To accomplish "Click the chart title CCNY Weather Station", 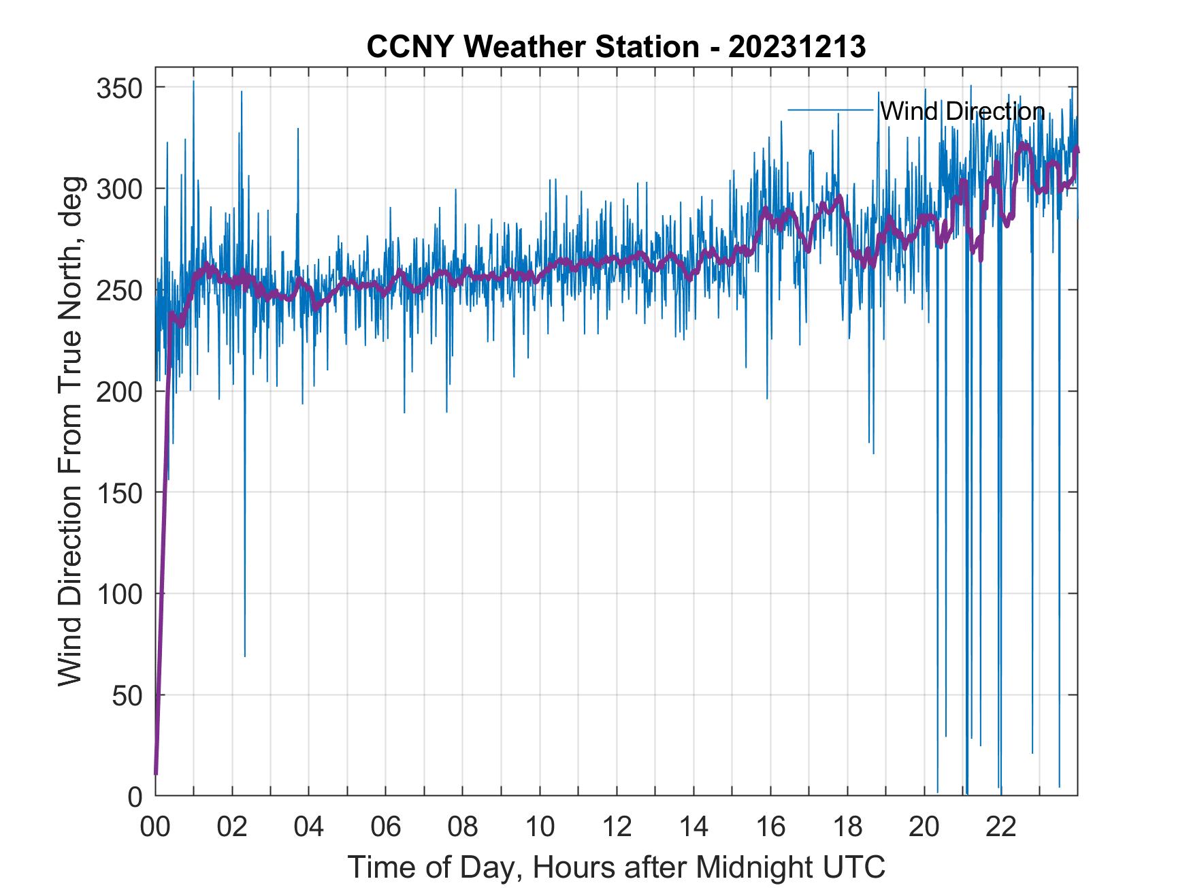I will click(532, 47).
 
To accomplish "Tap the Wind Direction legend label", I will click(962, 111).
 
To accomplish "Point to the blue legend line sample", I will click(830, 110).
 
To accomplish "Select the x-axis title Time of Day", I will click(616, 867).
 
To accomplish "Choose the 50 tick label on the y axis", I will click(127, 695).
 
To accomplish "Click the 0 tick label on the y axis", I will click(135, 796).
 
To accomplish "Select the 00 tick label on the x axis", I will click(155, 827).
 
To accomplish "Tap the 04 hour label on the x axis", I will click(308, 827).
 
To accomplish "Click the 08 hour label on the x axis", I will click(463, 827).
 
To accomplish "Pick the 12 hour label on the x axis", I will click(617, 827).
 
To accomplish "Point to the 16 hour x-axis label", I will click(770, 827).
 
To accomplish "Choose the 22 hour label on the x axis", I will click(1001, 827).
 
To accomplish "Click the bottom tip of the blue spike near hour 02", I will click(244, 656).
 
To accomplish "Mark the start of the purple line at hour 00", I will click(156, 773).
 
